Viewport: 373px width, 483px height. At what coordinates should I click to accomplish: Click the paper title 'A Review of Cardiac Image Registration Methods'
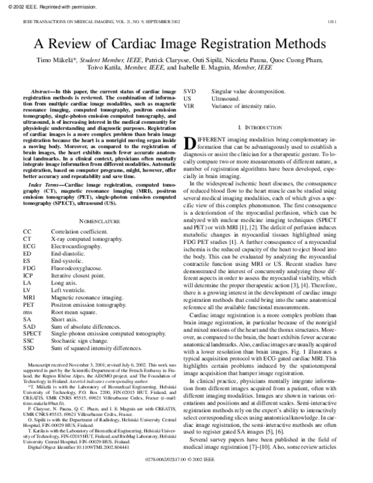click(186, 45)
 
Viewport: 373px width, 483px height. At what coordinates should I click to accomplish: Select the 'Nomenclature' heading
click(99, 221)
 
